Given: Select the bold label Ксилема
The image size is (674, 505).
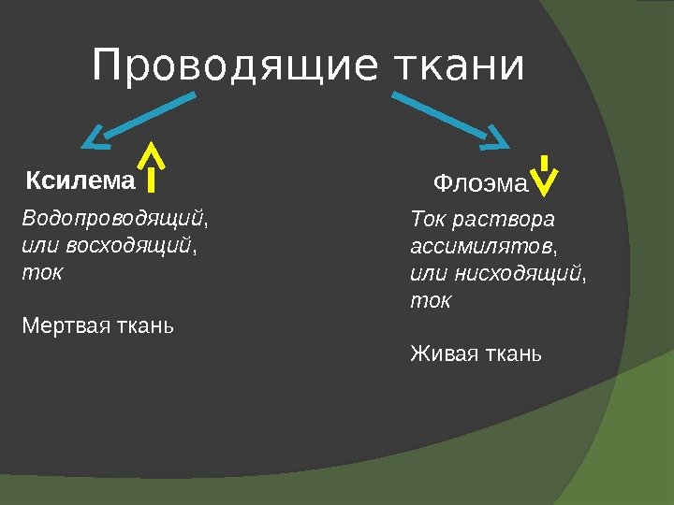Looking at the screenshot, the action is point(81,179).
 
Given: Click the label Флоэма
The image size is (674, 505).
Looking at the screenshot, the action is point(481,183).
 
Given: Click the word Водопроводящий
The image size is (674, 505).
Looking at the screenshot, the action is point(111,219).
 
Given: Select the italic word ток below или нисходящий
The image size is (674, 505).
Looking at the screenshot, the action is point(431,301).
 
